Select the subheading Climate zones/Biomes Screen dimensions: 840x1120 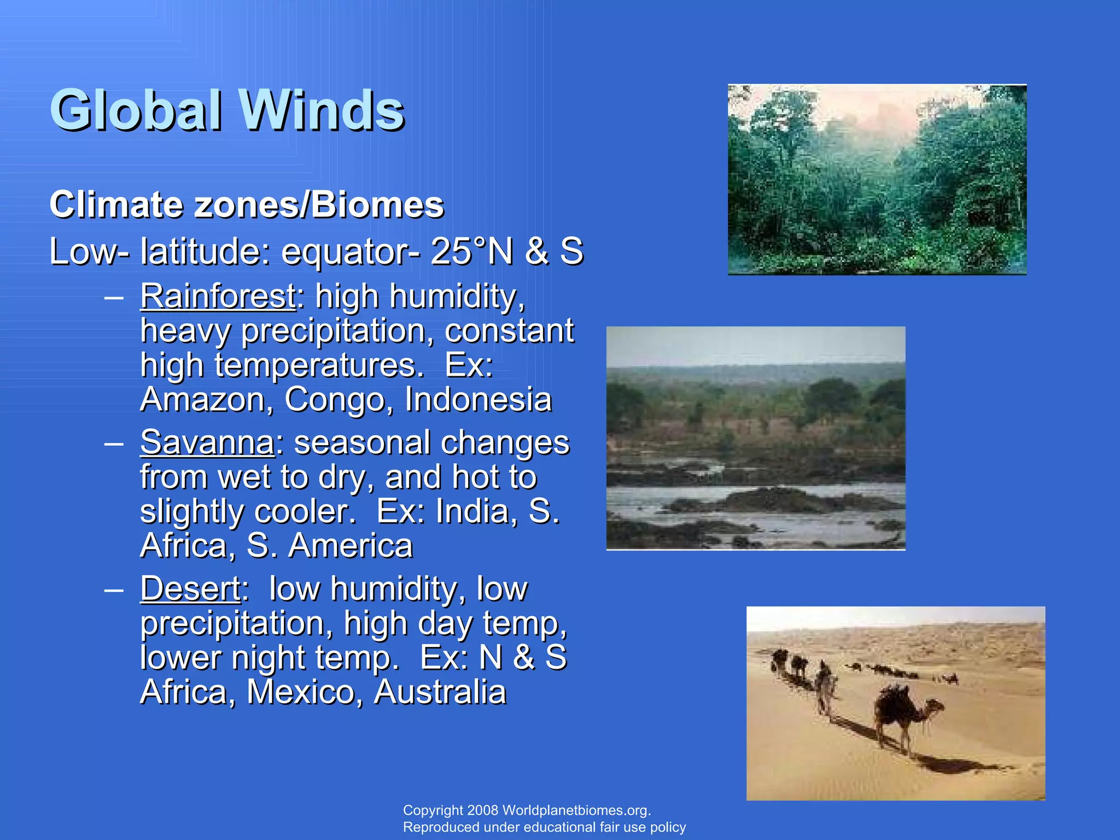pyautogui.click(x=247, y=205)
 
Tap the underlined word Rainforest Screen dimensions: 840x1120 pyautogui.click(x=218, y=296)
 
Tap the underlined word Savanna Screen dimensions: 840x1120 pyautogui.click(x=207, y=442)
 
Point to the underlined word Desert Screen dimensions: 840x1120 pyautogui.click(x=190, y=589)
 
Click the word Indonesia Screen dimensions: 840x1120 pyautogui.click(x=478, y=400)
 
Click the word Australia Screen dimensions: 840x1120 pyautogui.click(x=440, y=692)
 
